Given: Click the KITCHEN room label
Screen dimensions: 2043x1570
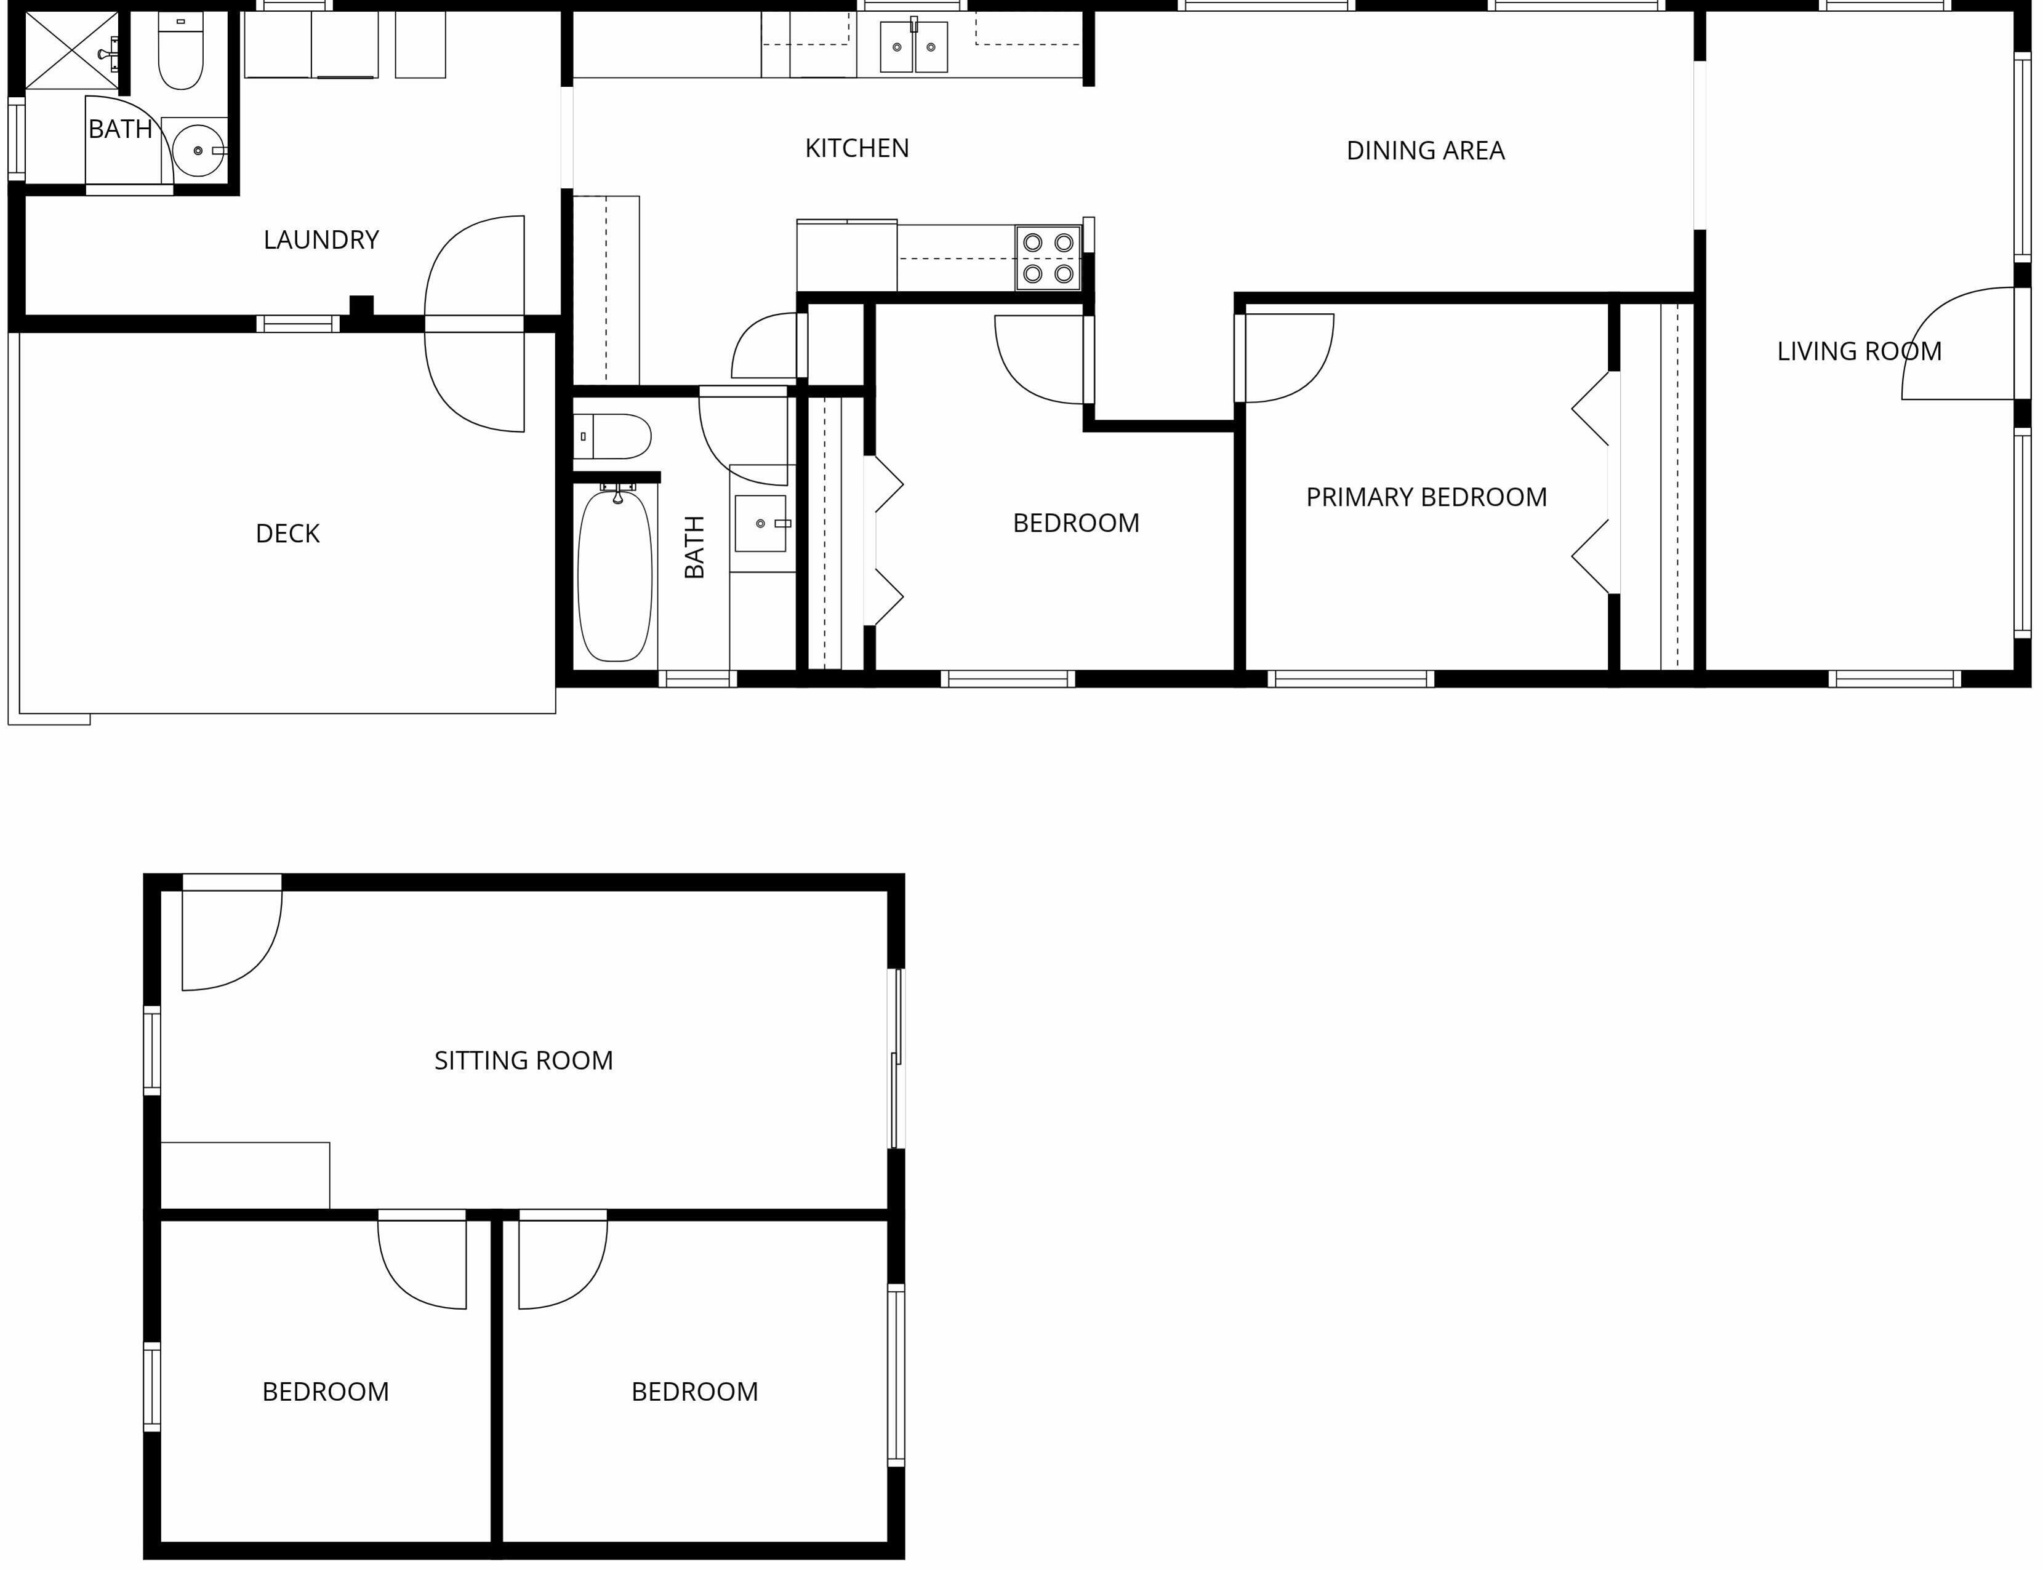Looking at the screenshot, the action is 857,148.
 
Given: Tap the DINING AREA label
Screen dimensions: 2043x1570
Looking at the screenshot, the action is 1425,150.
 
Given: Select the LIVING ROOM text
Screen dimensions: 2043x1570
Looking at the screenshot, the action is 1859,351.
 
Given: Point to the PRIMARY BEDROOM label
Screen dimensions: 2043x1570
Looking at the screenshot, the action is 1426,497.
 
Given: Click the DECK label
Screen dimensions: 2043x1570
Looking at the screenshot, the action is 288,534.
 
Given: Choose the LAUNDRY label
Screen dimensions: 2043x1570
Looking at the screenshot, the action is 321,240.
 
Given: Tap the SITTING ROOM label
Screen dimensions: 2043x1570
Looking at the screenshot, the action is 523,1060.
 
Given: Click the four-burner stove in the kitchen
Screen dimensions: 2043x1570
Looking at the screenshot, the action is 1048,257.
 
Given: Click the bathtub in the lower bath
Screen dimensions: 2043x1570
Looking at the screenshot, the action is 614,575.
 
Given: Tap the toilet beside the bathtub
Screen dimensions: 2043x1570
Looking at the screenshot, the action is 612,436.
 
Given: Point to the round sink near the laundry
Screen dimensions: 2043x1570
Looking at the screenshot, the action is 198,150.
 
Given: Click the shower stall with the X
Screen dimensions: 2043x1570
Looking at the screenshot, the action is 71,50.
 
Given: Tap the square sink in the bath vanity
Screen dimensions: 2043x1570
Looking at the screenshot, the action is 761,523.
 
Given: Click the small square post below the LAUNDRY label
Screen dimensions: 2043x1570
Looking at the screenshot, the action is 362,306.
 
